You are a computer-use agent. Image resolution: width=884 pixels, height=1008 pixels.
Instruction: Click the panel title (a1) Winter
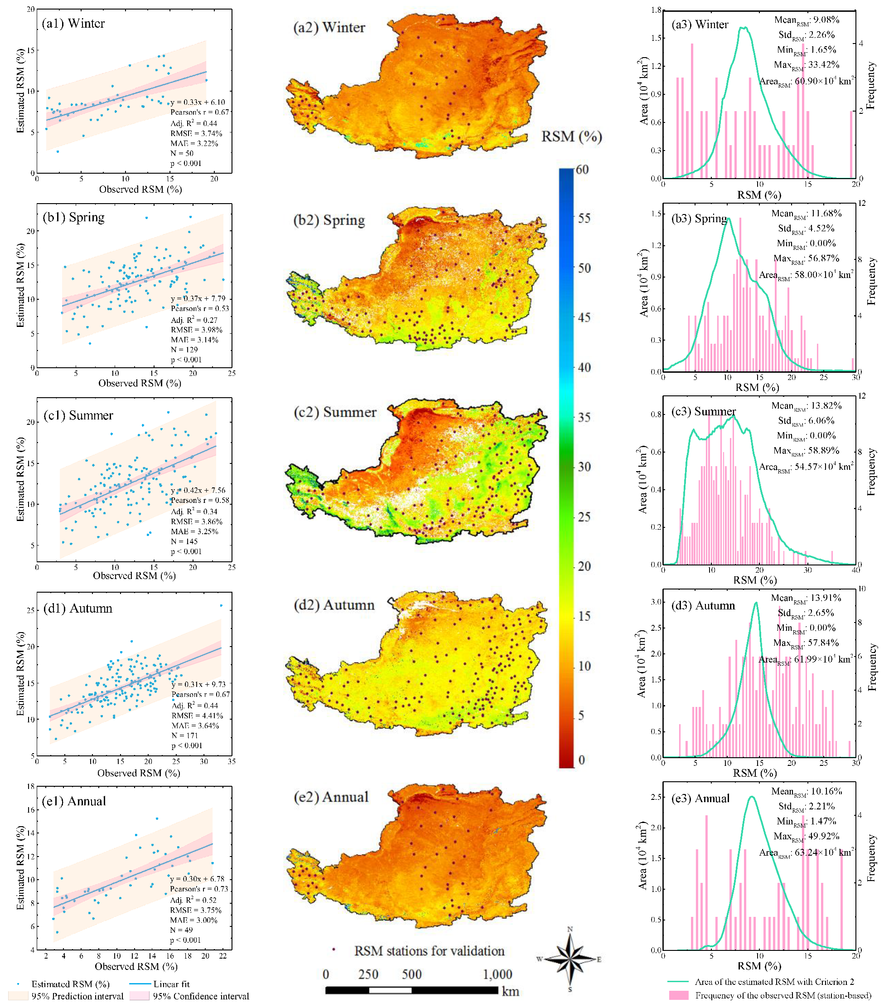point(73,23)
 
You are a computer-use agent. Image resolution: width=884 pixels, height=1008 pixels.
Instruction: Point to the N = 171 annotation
point(185,735)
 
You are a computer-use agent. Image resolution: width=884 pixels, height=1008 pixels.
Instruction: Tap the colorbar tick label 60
point(582,170)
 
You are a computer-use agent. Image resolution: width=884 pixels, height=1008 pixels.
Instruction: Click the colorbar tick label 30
point(584,467)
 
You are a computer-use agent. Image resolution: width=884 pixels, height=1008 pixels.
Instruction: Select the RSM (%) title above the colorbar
point(572,136)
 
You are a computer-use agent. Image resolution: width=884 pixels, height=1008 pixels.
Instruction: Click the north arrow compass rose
point(570,959)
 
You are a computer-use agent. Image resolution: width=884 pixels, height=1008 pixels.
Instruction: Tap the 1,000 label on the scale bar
point(497,974)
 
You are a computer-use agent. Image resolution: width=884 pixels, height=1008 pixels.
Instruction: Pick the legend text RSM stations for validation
point(429,951)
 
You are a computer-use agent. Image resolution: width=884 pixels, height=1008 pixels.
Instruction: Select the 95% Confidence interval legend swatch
point(139,996)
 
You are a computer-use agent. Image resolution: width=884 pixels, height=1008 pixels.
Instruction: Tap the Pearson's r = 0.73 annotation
point(199,889)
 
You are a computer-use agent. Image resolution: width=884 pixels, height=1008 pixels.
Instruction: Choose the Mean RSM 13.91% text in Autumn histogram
point(806,598)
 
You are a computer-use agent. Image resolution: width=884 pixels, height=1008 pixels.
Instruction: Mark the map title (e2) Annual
point(331,797)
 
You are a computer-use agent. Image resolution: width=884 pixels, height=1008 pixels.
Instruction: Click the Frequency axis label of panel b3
point(871,281)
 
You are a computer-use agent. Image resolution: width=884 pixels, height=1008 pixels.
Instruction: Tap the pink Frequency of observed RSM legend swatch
point(679,995)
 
